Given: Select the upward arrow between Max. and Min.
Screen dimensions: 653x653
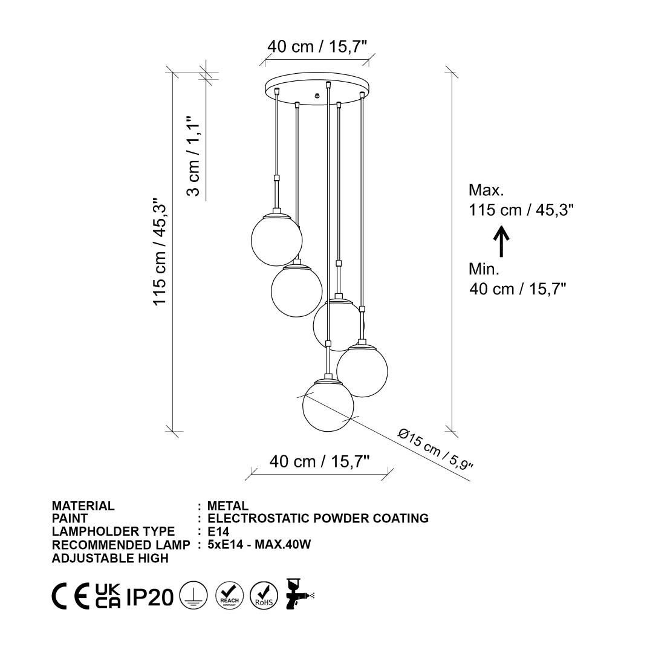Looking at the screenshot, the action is (x=501, y=241).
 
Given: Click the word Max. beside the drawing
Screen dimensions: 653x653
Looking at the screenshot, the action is (x=486, y=190).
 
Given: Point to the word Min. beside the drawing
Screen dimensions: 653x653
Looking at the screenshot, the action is (x=484, y=269).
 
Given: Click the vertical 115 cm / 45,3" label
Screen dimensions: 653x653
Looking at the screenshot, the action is (x=160, y=252).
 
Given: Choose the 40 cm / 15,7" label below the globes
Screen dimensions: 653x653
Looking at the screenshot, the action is (x=319, y=461).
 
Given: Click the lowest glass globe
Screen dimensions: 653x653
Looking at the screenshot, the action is (x=328, y=404).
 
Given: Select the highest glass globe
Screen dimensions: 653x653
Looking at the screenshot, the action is (x=276, y=239).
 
